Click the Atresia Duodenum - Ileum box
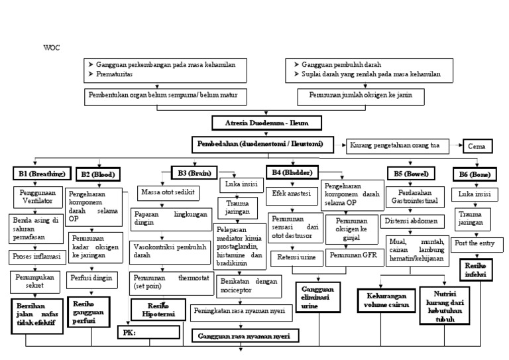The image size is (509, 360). point(267,123)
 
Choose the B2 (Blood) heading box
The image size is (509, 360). point(98,174)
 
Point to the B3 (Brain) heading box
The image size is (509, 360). point(192,174)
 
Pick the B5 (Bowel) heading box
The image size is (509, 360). point(408,174)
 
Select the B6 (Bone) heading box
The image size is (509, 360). point(473,174)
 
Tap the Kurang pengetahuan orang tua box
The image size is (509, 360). point(395,145)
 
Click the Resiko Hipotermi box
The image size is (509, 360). point(154,309)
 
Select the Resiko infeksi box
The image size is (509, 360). point(475,269)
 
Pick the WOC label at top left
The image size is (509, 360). point(51,48)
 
